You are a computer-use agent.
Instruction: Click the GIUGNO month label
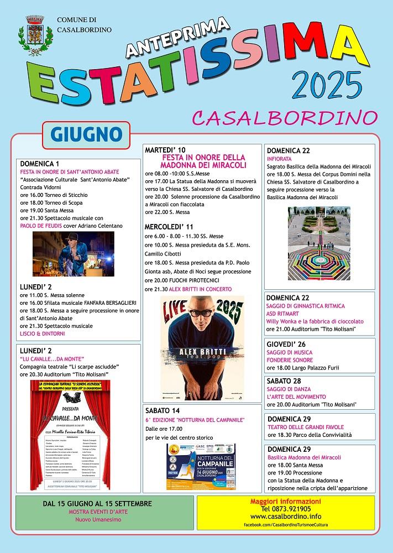click(86, 134)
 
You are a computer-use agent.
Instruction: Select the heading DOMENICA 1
click(39, 164)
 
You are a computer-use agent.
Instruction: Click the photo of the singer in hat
click(74, 254)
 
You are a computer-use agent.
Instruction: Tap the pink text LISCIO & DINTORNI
click(42, 333)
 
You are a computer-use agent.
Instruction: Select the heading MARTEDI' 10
click(165, 150)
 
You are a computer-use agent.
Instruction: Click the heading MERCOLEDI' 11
click(169, 226)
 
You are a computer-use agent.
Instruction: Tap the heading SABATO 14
click(163, 411)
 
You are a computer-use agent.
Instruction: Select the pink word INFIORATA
click(280, 158)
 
